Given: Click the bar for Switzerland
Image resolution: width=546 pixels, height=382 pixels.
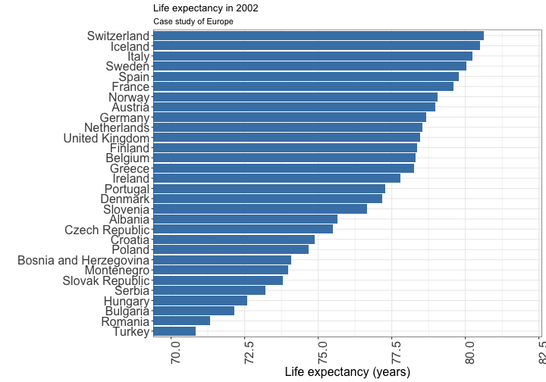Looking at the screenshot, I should click(318, 36).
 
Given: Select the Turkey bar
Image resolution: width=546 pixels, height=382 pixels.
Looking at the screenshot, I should click(174, 331).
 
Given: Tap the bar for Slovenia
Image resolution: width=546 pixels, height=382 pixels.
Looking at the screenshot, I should click(260, 208).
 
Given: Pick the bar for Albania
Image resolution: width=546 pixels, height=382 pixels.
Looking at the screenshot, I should click(245, 219).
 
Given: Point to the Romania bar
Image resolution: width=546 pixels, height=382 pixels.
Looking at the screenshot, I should click(181, 321).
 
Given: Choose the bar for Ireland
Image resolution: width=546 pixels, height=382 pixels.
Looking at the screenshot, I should click(277, 178).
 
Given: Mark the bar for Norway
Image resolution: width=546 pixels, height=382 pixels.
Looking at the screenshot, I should click(295, 97).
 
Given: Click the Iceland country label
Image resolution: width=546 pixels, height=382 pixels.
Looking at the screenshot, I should click(130, 46).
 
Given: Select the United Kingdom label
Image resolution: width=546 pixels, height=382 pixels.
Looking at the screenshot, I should click(106, 138).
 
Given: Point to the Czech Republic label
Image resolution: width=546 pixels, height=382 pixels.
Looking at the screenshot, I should click(107, 230).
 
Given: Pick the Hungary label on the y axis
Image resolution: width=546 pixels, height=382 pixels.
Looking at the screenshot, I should click(127, 301).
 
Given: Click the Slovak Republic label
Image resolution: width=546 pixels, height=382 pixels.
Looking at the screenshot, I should click(106, 280).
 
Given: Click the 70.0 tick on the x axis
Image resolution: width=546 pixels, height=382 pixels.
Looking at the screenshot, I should click(176, 353).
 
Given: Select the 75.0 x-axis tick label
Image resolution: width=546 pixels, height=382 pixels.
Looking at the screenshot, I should click(323, 353).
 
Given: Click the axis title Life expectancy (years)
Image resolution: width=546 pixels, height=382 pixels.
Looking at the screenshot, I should click(347, 372).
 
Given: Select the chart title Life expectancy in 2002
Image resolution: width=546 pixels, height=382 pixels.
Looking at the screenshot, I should click(206, 8).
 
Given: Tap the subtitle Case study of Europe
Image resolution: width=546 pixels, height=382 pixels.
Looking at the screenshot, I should click(193, 21).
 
